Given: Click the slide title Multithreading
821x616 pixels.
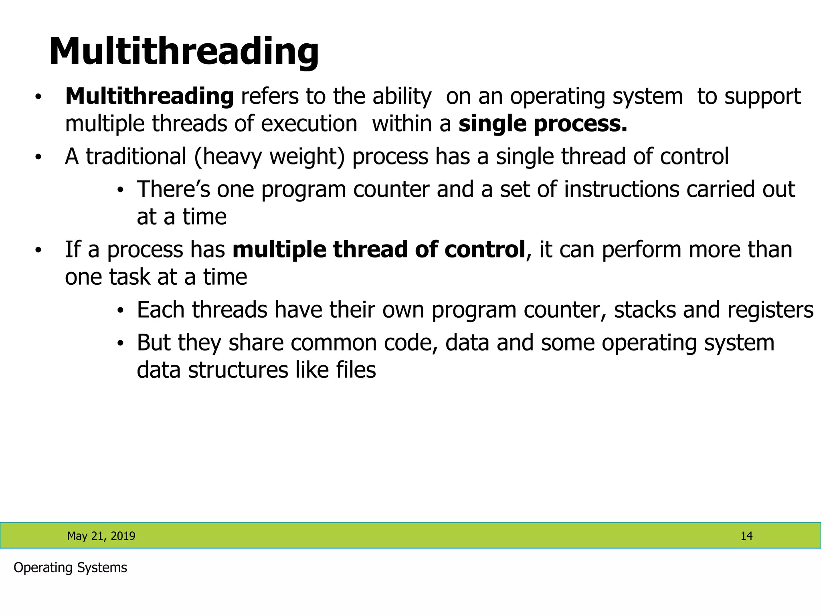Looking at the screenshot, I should [x=184, y=52].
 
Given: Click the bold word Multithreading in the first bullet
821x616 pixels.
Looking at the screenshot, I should [x=150, y=97].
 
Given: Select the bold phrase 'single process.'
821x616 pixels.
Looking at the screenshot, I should [x=543, y=124].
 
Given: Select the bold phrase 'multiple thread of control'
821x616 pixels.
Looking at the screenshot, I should [x=379, y=249].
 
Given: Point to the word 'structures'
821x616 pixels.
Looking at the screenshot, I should [x=238, y=370].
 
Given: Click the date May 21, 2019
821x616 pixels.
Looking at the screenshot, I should [x=101, y=536].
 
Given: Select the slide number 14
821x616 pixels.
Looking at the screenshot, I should [x=746, y=536].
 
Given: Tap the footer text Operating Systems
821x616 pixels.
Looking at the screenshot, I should [x=70, y=567].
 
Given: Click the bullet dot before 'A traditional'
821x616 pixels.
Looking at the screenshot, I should [x=38, y=157].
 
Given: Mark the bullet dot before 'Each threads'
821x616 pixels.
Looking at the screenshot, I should [x=121, y=311].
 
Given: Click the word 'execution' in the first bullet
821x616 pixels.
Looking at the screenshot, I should [x=309, y=124].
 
